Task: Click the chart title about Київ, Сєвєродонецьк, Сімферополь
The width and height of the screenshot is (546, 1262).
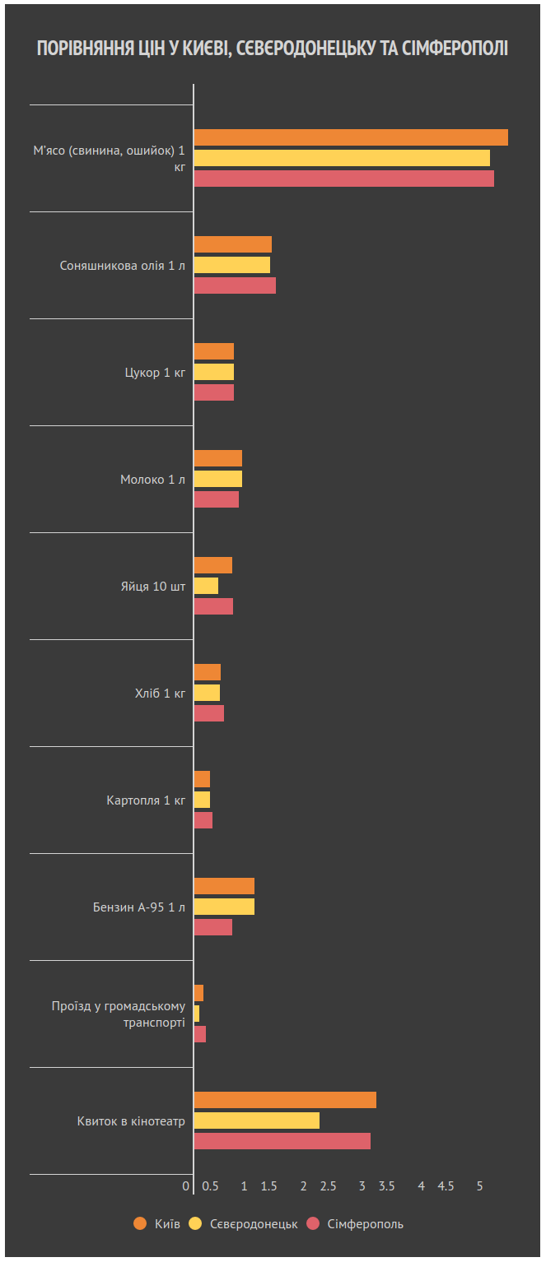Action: [x=273, y=49]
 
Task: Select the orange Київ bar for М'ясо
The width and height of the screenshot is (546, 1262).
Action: [x=350, y=137]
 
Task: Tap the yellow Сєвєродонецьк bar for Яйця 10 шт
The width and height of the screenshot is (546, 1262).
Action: [x=206, y=586]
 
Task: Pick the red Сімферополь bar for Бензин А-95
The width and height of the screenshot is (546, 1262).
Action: [x=212, y=927]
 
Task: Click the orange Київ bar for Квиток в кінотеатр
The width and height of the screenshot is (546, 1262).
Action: [x=284, y=1100]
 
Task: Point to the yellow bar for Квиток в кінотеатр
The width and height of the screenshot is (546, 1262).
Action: [x=256, y=1120]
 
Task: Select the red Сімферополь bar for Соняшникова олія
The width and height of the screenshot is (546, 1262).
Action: [x=234, y=285]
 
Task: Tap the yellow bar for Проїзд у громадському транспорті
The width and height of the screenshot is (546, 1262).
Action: [x=197, y=1014]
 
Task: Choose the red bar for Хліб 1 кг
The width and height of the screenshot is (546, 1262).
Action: [x=208, y=713]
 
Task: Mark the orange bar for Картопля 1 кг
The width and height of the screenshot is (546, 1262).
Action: [x=202, y=779]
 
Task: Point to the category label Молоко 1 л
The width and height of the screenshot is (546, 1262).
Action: [x=152, y=480]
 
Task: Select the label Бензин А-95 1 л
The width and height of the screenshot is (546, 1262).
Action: [x=138, y=907]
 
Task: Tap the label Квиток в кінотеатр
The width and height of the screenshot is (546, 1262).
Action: [x=131, y=1121]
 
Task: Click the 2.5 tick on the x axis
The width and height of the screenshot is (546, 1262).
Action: [x=328, y=1186]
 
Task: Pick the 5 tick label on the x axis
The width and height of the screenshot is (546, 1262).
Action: [x=480, y=1186]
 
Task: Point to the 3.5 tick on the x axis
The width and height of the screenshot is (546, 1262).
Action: [x=386, y=1186]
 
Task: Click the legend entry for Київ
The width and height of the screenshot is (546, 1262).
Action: [x=156, y=1224]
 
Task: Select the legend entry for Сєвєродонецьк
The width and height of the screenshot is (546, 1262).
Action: [x=245, y=1224]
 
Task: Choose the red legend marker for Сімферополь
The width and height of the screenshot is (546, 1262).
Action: [x=313, y=1224]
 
